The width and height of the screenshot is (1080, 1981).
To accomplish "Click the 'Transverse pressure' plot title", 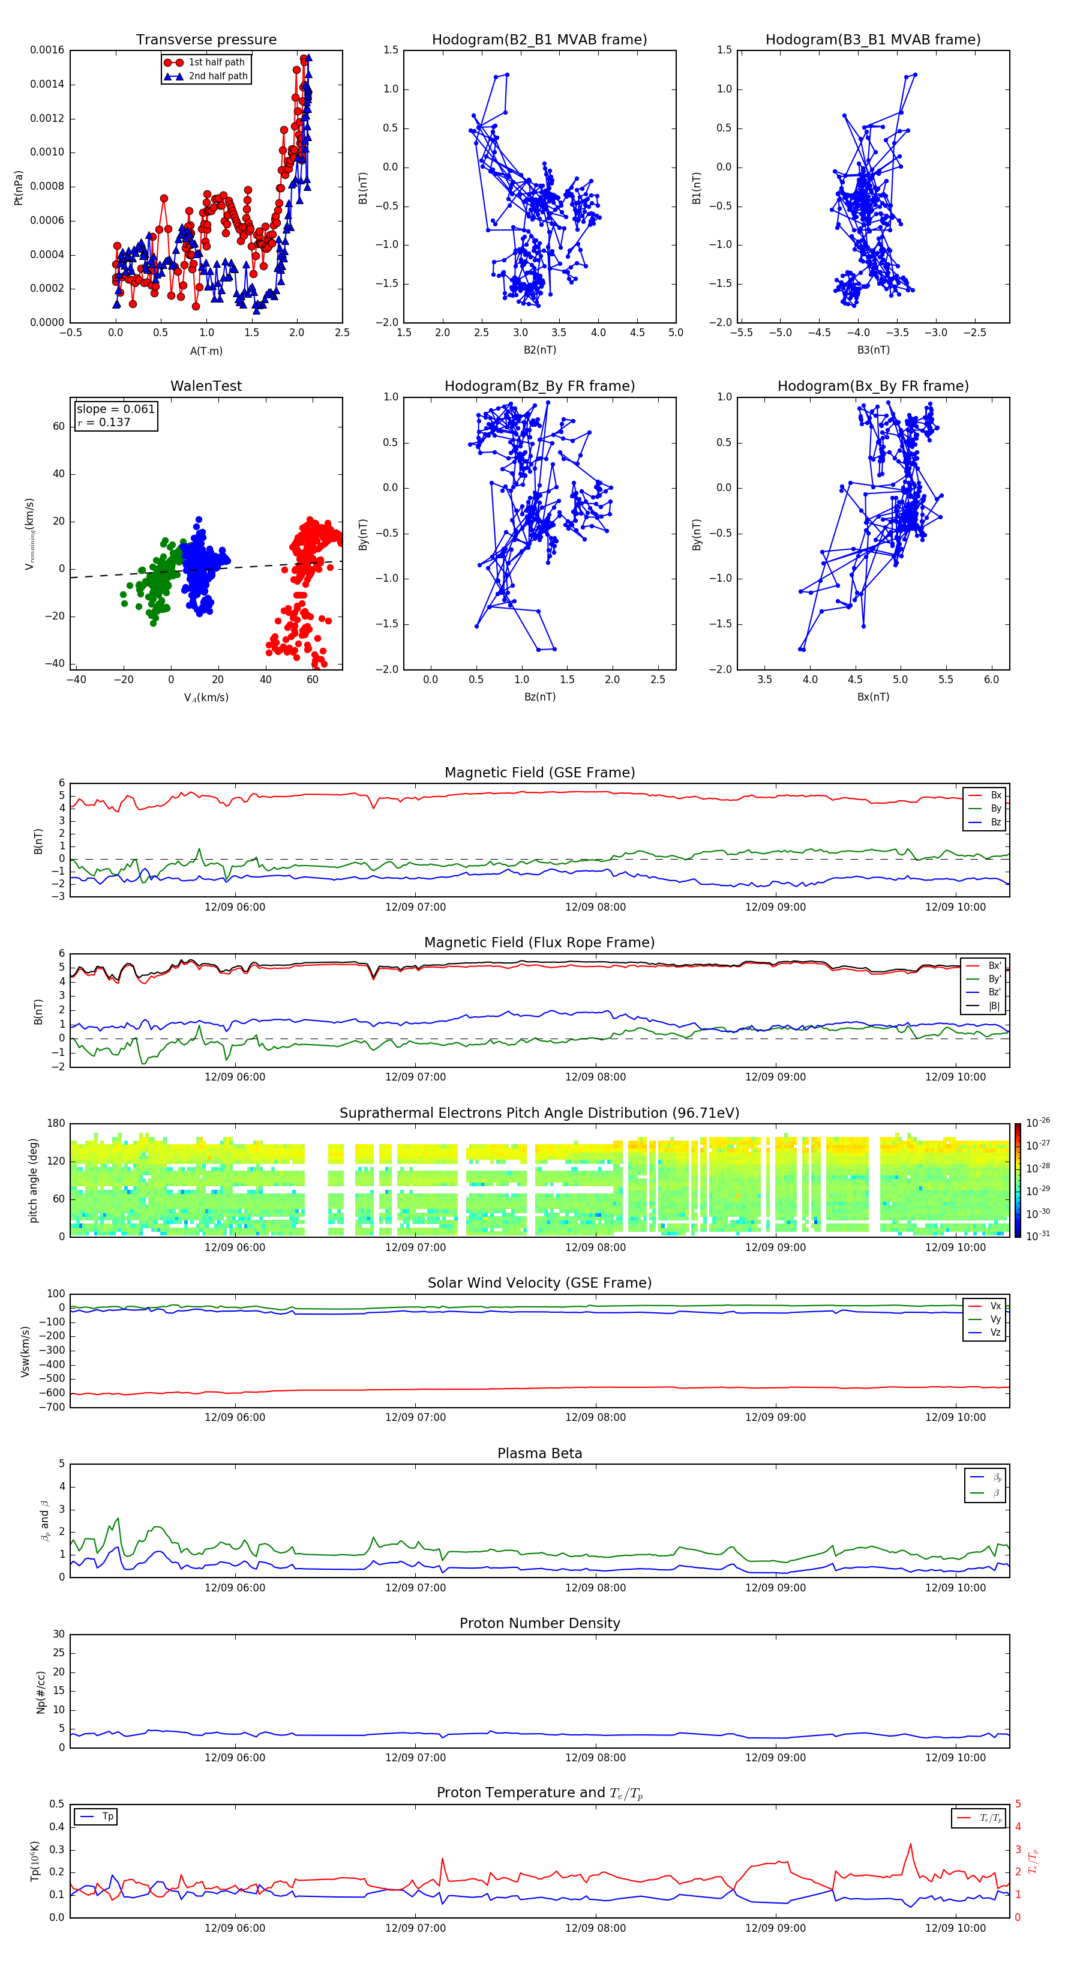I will coord(206,40).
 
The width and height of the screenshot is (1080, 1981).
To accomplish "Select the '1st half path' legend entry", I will coord(216,62).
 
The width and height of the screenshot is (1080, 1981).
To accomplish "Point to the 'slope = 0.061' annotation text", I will coord(115,409).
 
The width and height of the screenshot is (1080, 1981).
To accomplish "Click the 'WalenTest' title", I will coord(206,386).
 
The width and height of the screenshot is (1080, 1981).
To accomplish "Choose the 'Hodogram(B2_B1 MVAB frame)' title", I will coord(539,40).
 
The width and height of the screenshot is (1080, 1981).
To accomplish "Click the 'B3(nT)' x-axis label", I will coord(873,350).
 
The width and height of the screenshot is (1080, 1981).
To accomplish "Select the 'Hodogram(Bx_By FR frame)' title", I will coord(872,386).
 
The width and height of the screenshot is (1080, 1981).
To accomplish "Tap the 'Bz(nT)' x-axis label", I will coord(539,697).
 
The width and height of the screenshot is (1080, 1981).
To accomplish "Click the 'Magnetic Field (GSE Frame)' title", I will coord(539,773).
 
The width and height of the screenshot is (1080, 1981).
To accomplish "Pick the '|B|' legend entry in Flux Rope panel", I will coord(994,1006).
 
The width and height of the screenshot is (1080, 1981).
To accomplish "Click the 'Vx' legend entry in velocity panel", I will coord(995,1306).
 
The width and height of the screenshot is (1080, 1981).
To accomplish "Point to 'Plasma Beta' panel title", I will coord(539,1453).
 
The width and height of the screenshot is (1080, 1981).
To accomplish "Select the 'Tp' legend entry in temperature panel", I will coord(107,1817).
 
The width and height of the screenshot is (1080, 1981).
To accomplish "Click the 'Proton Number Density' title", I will coord(539,1623).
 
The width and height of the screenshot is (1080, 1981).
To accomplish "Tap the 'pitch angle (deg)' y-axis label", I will coord(33,1180).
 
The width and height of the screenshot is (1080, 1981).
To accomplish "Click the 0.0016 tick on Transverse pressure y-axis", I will coord(47,51).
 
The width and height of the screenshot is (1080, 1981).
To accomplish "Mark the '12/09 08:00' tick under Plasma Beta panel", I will coord(595,1587).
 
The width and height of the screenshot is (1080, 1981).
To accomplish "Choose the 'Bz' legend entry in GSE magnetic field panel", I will coord(995,822).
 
